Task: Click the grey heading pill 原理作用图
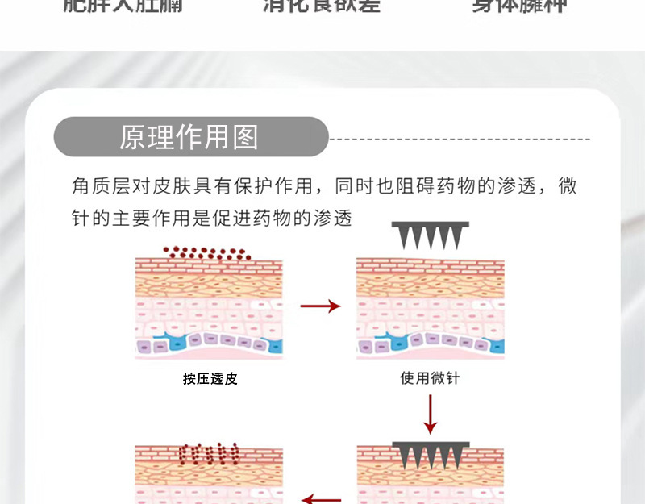tap(190, 137)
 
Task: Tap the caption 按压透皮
tap(210, 378)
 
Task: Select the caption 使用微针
tap(430, 377)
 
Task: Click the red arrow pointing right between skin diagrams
tap(320, 306)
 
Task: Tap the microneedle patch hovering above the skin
tap(426, 235)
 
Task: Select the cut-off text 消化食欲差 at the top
tap(321, 6)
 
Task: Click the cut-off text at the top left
tap(123, 6)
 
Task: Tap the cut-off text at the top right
tap(519, 6)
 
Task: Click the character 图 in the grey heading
tap(245, 138)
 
